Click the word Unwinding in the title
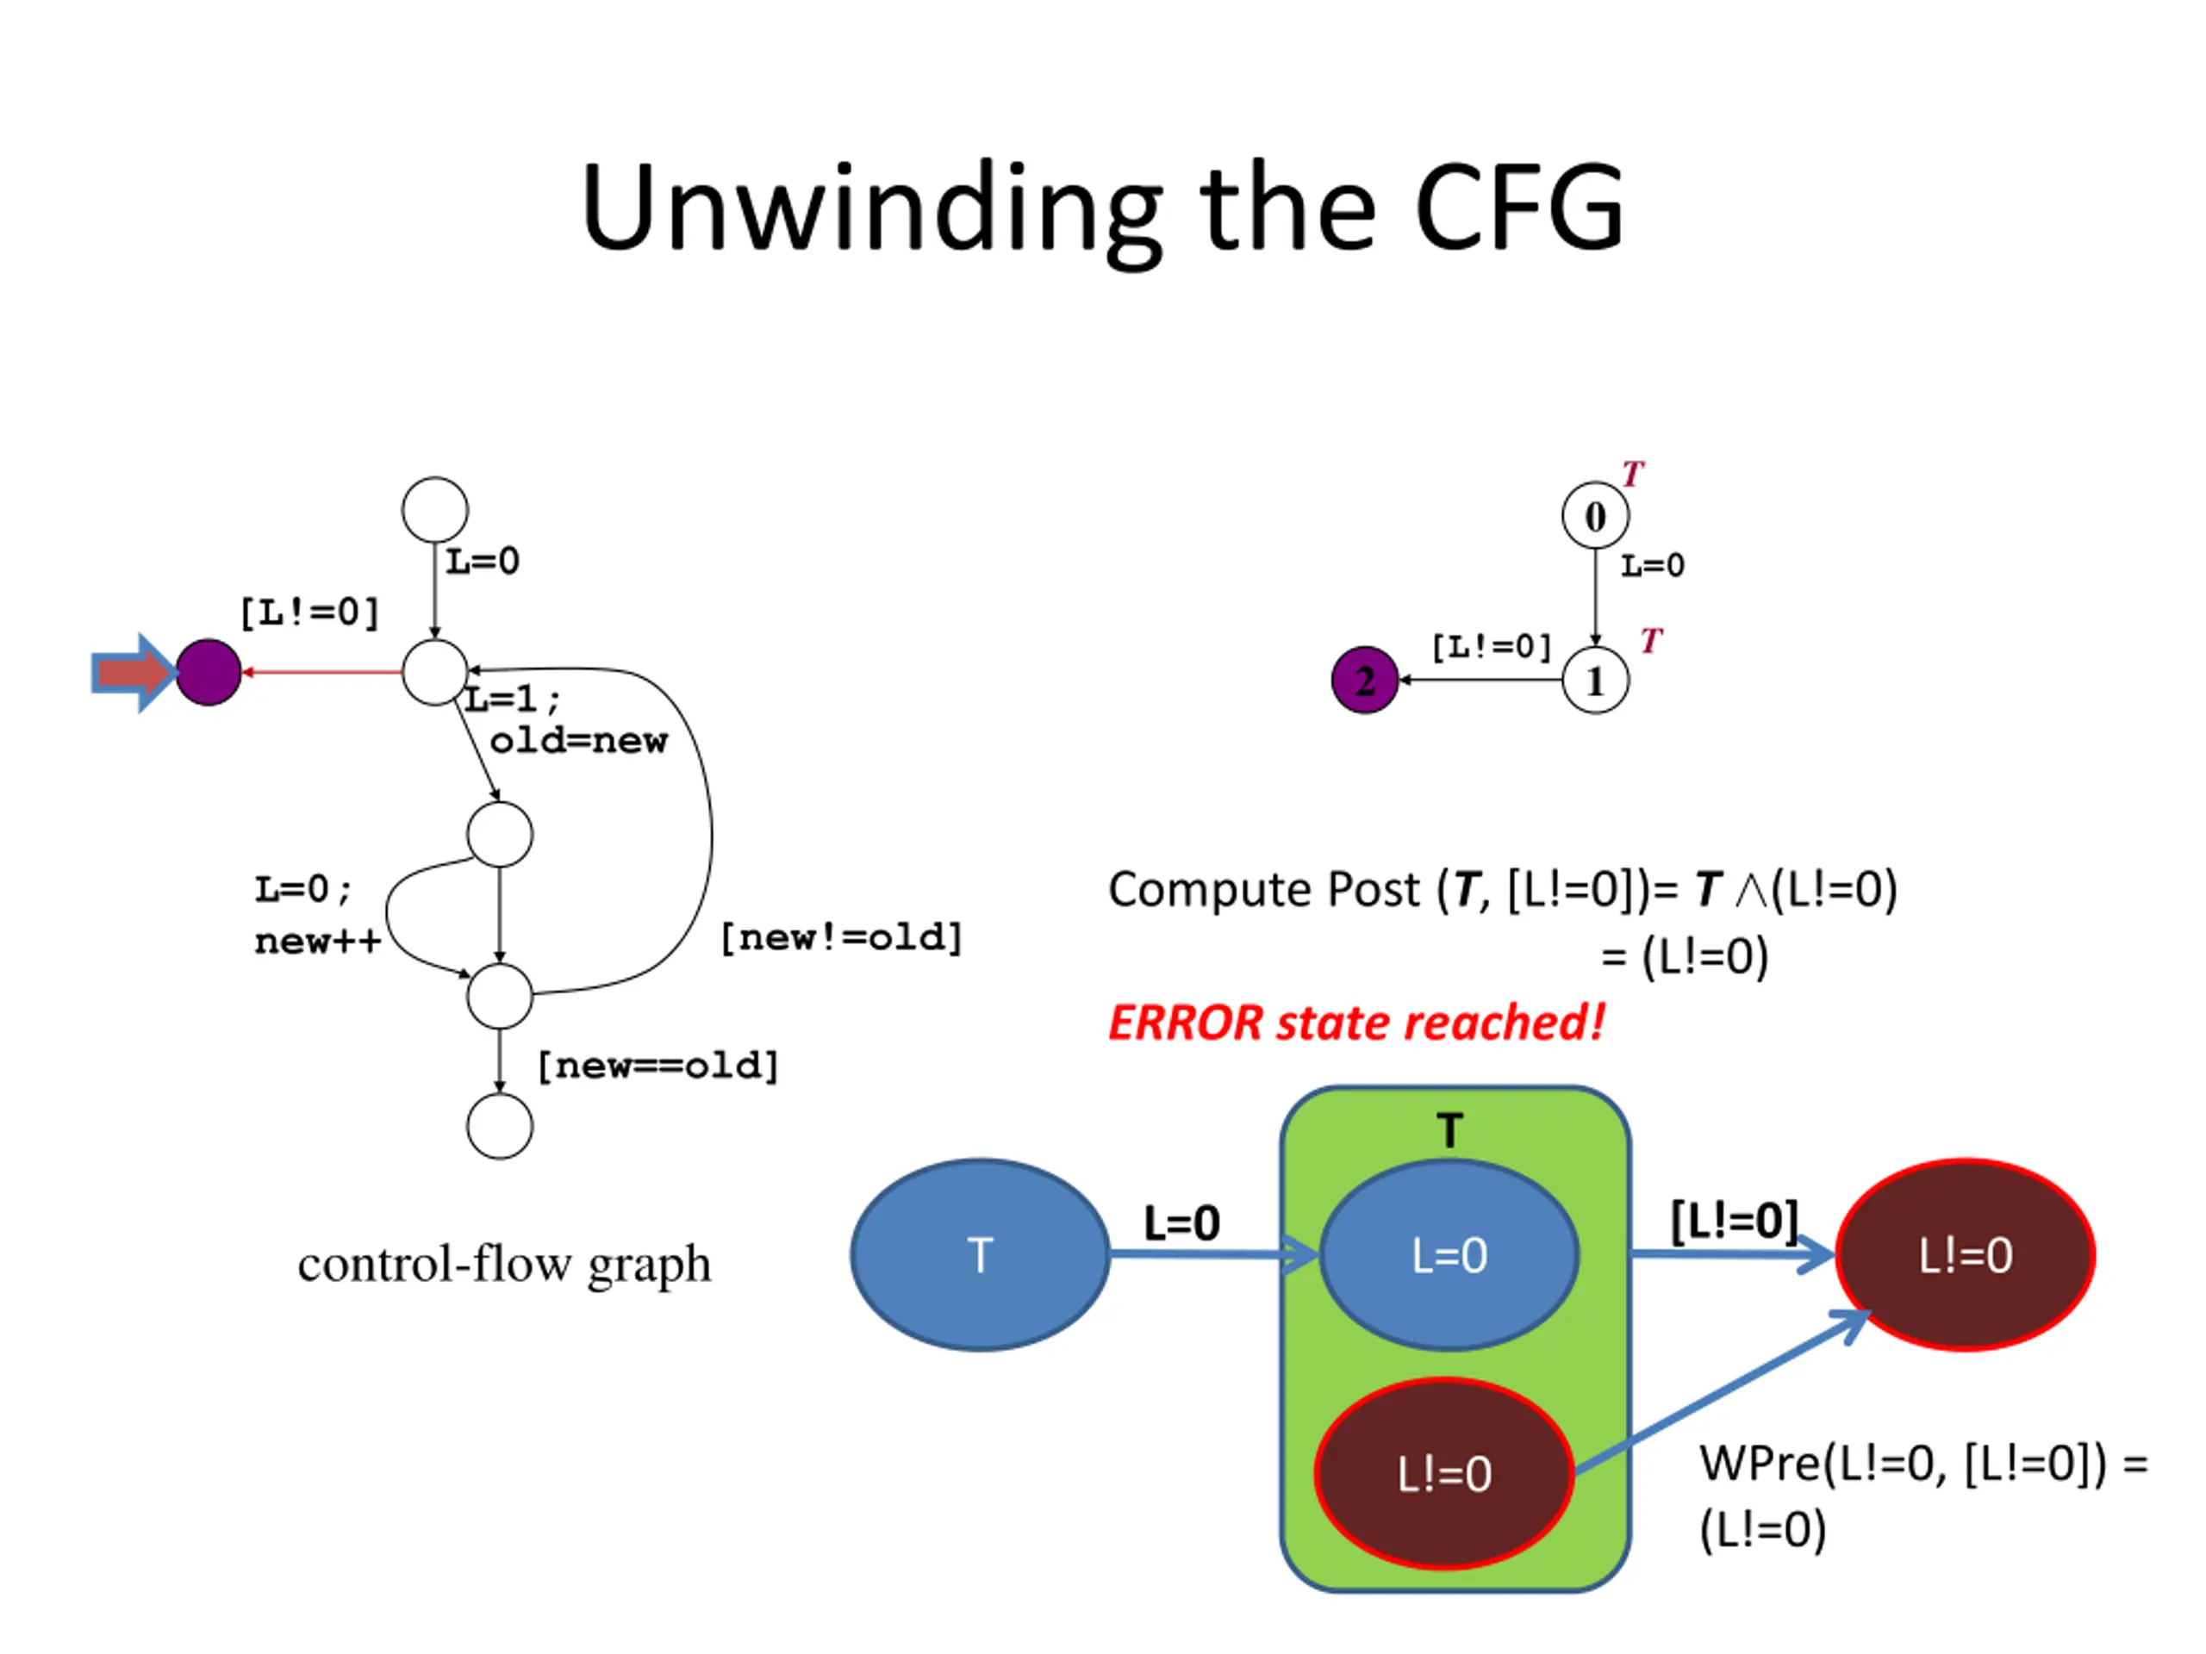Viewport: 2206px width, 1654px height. [870, 210]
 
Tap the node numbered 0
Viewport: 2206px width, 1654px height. [1595, 515]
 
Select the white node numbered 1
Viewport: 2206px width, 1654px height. [1595, 680]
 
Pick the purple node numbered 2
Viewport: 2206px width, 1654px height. [1364, 680]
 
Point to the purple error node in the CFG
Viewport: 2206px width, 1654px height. [209, 673]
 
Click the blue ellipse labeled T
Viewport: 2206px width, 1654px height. [981, 1254]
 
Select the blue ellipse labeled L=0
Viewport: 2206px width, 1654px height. [1449, 1255]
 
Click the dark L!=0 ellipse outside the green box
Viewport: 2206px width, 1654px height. [1965, 1254]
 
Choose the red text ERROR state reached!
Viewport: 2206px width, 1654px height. [1356, 1023]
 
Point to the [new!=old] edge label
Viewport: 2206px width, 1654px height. [842, 937]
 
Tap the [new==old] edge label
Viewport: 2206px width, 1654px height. [658, 1066]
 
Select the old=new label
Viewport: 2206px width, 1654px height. [578, 741]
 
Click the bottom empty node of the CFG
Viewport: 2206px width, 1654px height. [500, 1126]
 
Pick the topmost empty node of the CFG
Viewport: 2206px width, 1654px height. [435, 509]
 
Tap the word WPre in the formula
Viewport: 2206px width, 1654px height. [1760, 1464]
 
